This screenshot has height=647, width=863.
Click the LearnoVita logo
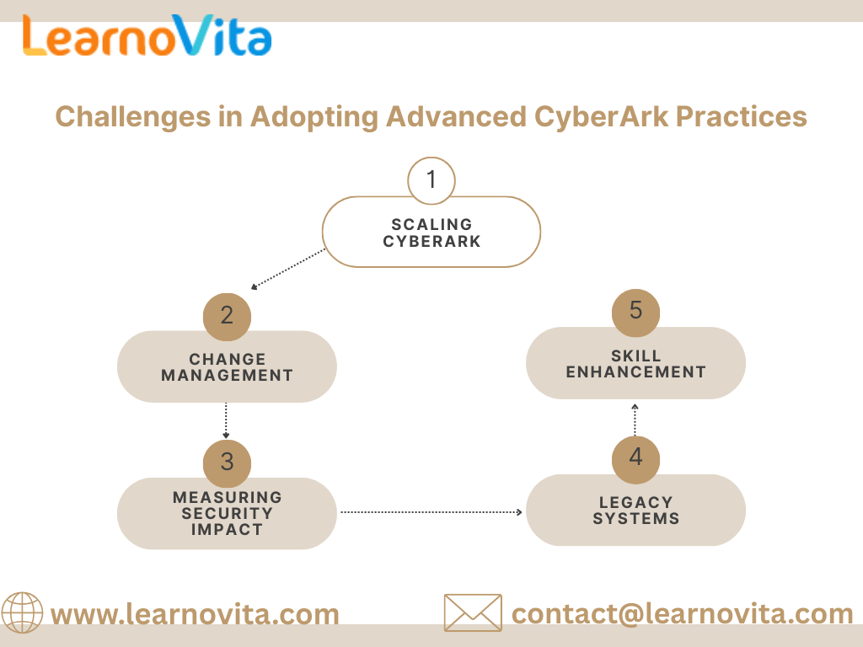point(147,36)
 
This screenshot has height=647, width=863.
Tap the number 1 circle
point(431,180)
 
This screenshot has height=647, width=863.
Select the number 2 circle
point(227,315)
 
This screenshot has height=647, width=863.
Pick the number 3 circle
point(227,462)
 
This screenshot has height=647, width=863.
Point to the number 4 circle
point(635,457)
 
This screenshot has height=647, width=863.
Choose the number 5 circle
point(635,311)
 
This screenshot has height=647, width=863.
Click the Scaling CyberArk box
point(431,233)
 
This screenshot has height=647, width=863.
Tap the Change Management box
point(227,368)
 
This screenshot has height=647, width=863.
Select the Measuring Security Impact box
point(227,514)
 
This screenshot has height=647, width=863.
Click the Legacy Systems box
point(635,511)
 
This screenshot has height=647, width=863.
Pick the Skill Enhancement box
point(635,364)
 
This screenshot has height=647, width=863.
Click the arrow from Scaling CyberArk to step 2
point(288,269)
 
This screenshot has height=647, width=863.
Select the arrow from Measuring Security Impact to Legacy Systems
point(431,511)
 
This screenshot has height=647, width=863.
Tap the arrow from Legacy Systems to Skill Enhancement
point(635,420)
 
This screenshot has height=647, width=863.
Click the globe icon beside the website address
point(22,612)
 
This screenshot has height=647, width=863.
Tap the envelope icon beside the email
point(472,612)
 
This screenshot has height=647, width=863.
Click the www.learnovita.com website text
point(195,614)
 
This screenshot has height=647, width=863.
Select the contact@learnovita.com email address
point(683,614)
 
